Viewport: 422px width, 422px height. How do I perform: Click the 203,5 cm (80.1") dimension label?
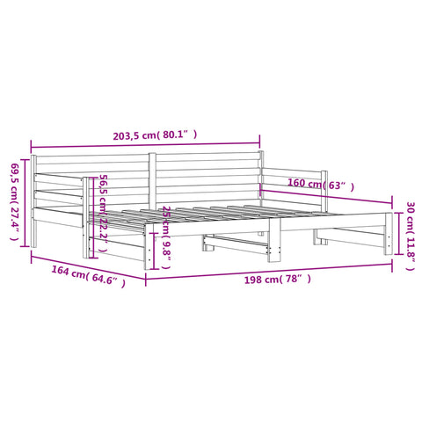(x=155, y=135)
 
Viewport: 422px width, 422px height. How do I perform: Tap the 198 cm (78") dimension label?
(x=278, y=280)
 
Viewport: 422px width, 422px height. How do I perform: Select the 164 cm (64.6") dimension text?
(x=88, y=276)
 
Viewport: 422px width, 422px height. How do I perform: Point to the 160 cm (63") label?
(x=321, y=185)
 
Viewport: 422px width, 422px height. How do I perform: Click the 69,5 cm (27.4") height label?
(x=15, y=201)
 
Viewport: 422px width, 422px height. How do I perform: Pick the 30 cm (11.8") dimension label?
(x=411, y=236)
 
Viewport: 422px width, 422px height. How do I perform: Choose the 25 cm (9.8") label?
(x=166, y=237)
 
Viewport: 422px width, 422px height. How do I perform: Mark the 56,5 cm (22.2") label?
(x=104, y=213)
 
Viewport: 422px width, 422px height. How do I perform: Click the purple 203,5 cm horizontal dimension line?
(x=145, y=144)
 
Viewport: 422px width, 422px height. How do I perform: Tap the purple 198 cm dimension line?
(x=269, y=271)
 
